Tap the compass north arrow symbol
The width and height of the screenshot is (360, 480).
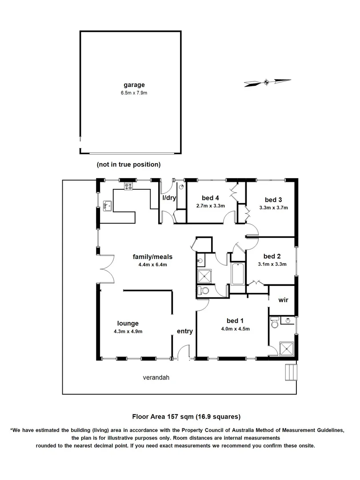(x=267, y=82)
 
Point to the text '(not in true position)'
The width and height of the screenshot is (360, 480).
(x=128, y=164)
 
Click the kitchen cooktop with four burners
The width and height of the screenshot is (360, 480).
(x=128, y=187)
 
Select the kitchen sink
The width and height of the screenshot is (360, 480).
(x=107, y=206)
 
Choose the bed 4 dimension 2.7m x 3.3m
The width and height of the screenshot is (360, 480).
(x=211, y=206)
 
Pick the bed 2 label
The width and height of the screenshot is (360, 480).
(x=272, y=256)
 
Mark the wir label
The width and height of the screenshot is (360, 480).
(x=283, y=300)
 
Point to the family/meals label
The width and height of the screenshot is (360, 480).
(x=152, y=256)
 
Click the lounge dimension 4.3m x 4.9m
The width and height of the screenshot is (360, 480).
(x=128, y=331)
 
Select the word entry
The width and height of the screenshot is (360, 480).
(x=184, y=331)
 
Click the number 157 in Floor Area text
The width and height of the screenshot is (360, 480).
(x=173, y=416)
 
